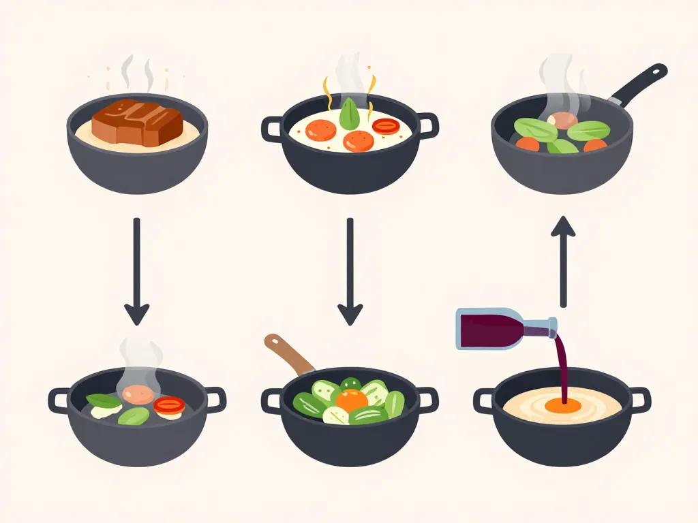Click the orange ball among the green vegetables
pyautogui.click(x=352, y=400)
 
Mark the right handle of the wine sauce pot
pyautogui.click(x=639, y=399)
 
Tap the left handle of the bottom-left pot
pyautogui.click(x=59, y=400)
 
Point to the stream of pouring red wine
pyautogui.click(x=562, y=368)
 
